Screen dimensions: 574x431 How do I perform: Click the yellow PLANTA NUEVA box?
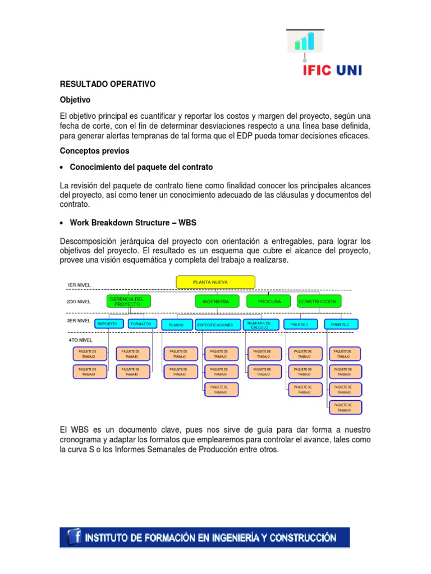(215, 281)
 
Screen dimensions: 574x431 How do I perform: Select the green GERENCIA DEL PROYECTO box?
(129, 301)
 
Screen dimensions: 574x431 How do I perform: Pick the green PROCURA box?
(269, 302)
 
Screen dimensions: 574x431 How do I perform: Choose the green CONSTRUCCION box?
(319, 302)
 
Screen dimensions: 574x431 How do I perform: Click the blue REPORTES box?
(107, 323)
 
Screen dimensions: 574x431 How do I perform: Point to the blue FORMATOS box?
(143, 323)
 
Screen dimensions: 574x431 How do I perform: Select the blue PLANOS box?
(176, 325)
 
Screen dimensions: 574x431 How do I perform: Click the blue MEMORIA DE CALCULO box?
(260, 324)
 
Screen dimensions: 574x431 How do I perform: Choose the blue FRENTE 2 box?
(340, 324)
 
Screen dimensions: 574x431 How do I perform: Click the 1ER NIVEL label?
(79, 285)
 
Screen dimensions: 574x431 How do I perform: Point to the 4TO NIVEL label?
(81, 340)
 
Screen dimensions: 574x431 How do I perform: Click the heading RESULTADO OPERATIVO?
(107, 84)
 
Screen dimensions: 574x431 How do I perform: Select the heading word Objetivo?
(75, 100)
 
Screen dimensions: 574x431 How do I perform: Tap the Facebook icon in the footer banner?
(74, 537)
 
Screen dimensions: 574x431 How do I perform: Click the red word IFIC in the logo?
(318, 70)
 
